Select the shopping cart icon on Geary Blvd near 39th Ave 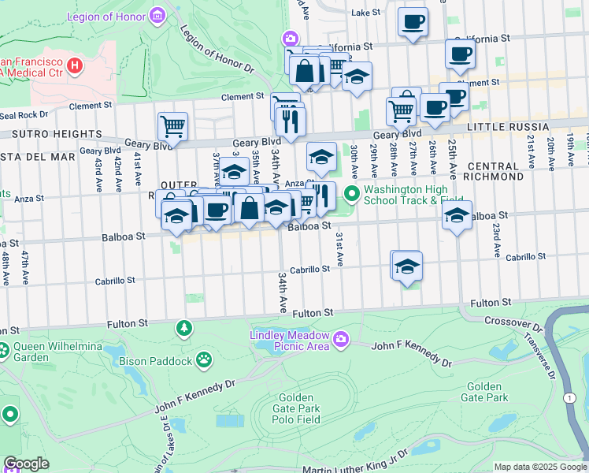172,126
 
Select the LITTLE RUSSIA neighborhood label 507,127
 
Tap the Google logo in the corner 26,464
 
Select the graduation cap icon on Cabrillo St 406,266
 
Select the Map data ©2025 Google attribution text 540,467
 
